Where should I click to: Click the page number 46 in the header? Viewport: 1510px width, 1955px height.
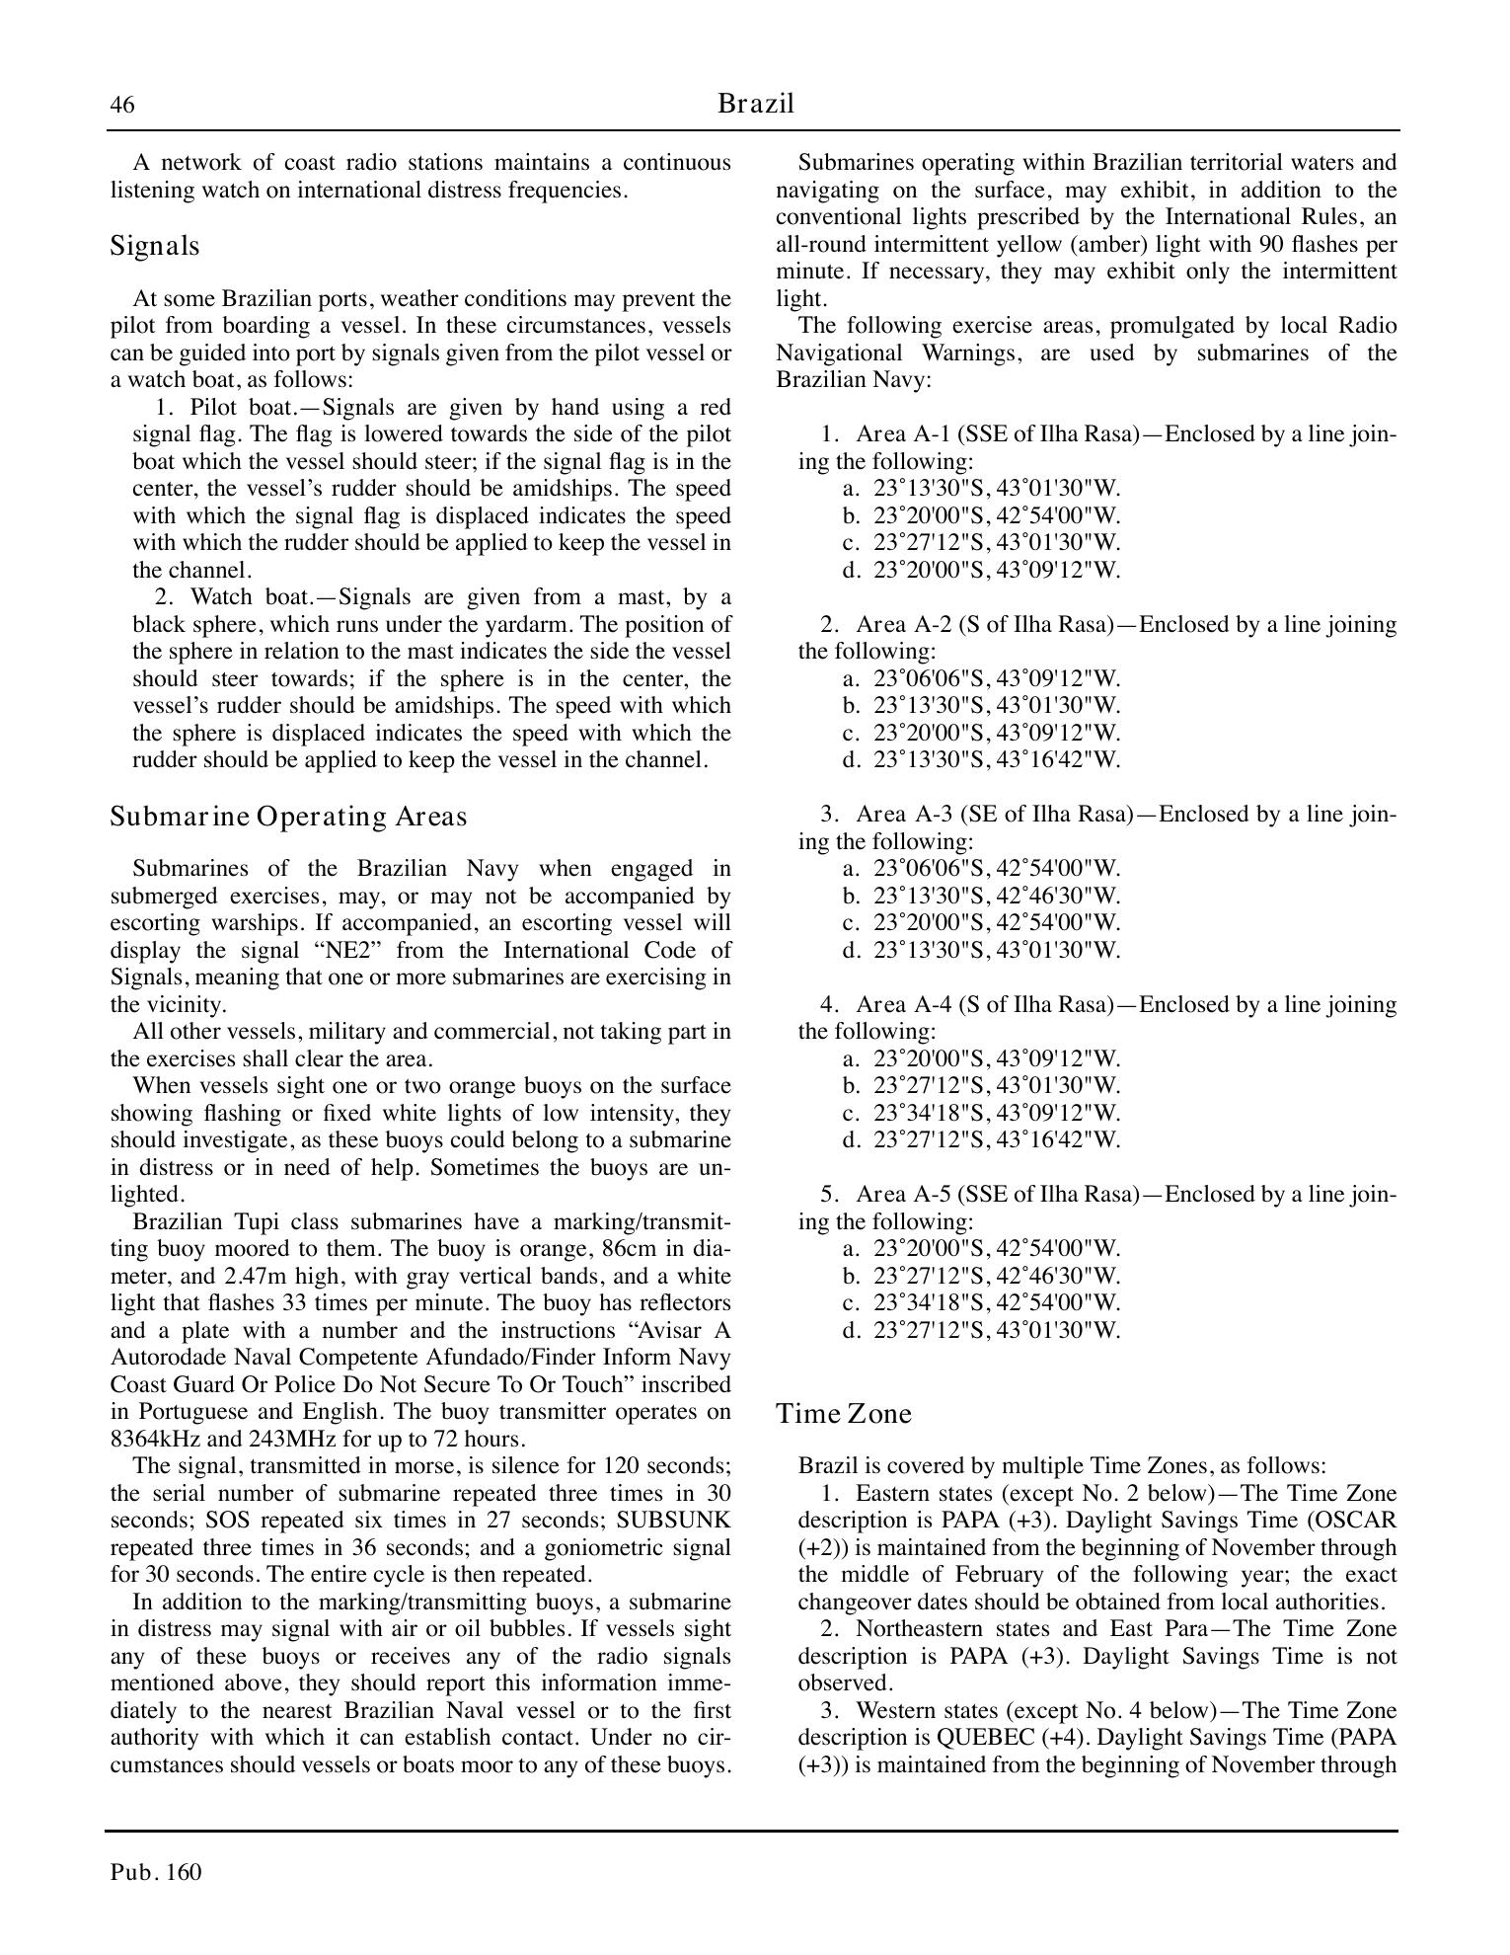[x=122, y=105]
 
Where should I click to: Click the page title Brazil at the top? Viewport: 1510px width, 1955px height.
[x=755, y=104]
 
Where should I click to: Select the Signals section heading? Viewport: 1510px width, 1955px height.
[x=155, y=246]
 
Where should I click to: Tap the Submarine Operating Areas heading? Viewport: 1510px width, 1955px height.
[x=288, y=817]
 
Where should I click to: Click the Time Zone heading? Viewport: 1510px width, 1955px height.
[x=843, y=1414]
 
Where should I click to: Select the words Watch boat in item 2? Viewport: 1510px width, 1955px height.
[x=250, y=597]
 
